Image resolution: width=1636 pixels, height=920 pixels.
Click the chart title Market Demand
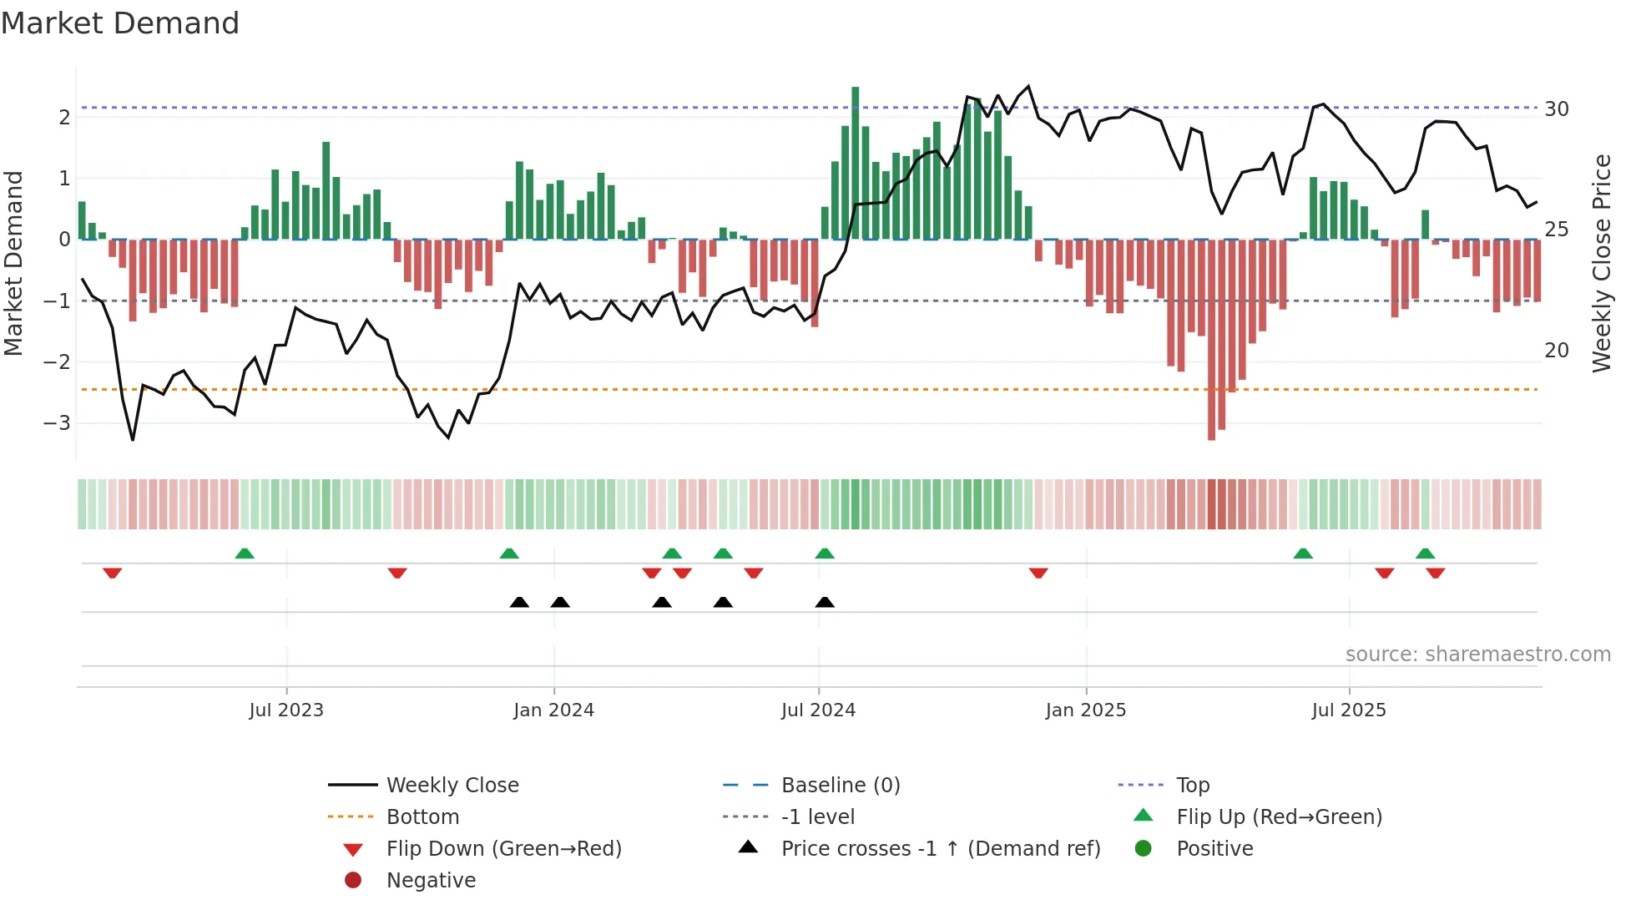click(120, 23)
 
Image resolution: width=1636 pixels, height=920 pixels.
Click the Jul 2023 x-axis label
click(285, 710)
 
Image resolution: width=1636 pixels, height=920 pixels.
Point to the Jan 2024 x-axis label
click(553, 710)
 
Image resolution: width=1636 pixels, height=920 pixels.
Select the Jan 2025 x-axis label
click(1085, 710)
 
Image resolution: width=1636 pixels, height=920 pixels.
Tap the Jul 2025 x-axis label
click(1348, 710)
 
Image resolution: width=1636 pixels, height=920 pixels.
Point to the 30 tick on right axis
click(1556, 109)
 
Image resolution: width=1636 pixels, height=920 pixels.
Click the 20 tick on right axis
click(1556, 351)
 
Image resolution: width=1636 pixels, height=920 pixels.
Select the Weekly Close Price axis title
click(1601, 263)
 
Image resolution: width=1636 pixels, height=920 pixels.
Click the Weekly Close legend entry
click(452, 786)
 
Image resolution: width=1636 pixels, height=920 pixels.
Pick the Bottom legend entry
click(422, 817)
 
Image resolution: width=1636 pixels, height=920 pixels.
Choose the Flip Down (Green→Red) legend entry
click(503, 849)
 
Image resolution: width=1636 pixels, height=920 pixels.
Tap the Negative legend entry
click(431, 881)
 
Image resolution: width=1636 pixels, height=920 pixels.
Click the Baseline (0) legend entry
click(840, 786)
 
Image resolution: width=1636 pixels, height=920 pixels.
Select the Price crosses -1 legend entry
click(940, 849)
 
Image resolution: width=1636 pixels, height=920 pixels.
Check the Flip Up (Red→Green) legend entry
click(1279, 817)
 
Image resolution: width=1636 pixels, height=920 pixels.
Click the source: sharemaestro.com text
click(1477, 655)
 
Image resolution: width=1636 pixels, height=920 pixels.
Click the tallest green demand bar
click(855, 163)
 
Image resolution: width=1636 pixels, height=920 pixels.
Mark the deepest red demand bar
click(1211, 340)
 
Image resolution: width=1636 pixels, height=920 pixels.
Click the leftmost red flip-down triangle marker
click(113, 573)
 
